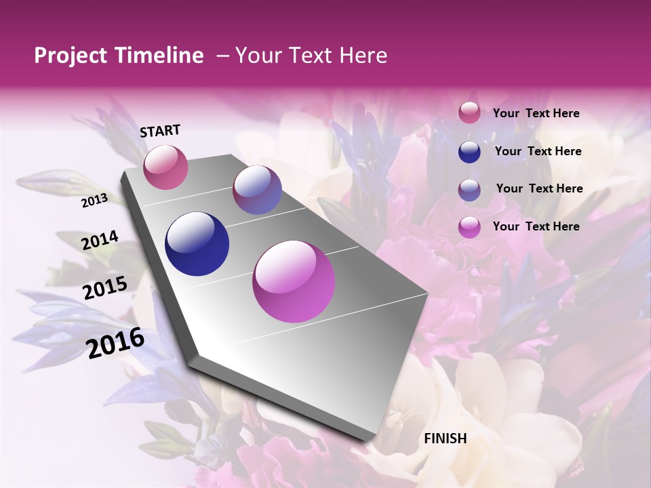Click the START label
tap(160, 131)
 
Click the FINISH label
tap(445, 439)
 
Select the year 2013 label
tap(94, 201)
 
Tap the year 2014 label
tap(100, 241)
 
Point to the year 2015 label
tap(104, 288)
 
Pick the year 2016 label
tap(115, 343)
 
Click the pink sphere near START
tap(165, 167)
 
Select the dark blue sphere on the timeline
tap(197, 244)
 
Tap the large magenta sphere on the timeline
tap(294, 281)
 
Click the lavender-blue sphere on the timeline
tap(257, 190)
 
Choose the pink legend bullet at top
tap(469, 113)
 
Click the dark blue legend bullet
tap(469, 152)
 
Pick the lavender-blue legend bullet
tap(469, 190)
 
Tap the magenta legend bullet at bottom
tap(469, 227)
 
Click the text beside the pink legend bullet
tap(536, 113)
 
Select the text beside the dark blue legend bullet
tap(538, 151)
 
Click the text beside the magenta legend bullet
tap(536, 226)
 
